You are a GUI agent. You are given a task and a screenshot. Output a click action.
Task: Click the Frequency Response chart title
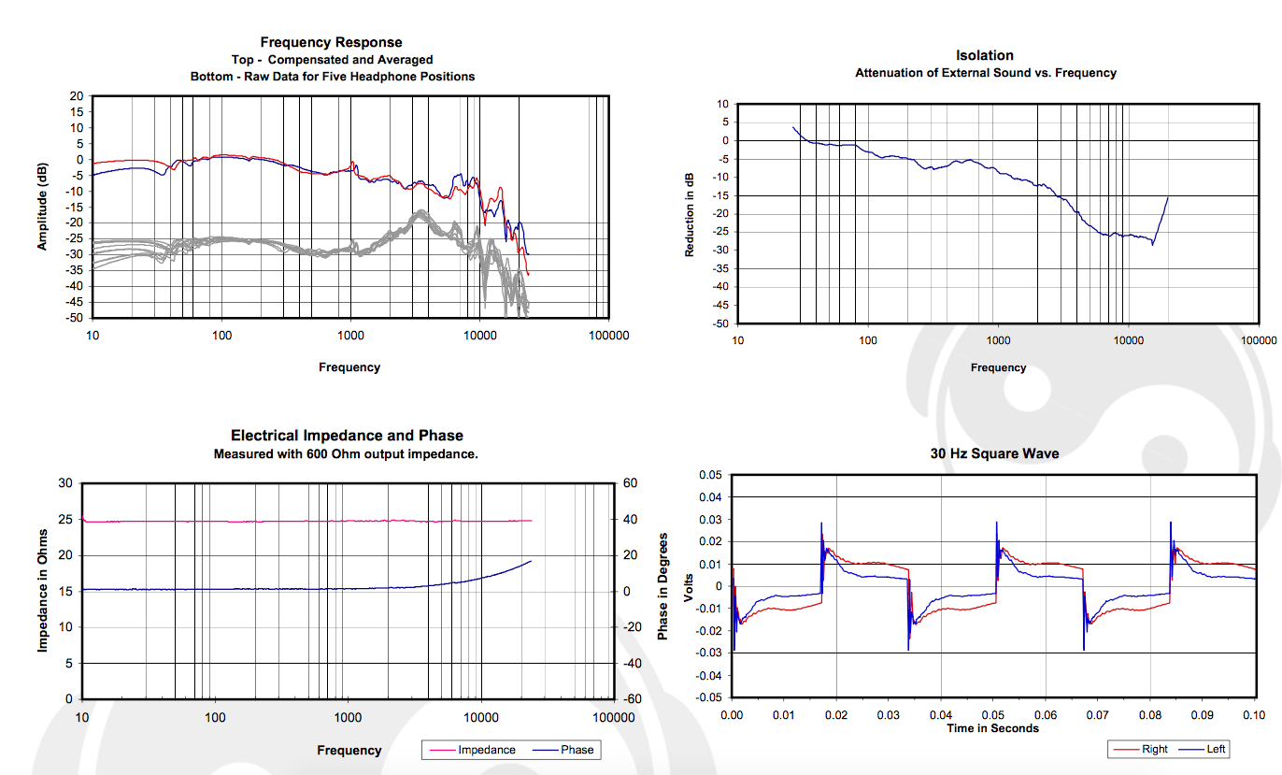pos(332,42)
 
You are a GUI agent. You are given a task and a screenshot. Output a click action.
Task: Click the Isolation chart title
pos(985,55)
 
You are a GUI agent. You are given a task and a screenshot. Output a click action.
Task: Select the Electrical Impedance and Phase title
pos(347,436)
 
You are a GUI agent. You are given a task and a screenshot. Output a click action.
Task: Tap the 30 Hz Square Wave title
pos(992,453)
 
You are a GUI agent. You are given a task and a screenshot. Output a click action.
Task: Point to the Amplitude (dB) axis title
pos(42,208)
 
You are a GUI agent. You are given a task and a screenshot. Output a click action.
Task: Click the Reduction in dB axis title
pos(690,214)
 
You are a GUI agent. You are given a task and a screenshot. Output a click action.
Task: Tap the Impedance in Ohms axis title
pos(42,590)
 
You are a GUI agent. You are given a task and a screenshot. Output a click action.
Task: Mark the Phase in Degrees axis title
pos(662,586)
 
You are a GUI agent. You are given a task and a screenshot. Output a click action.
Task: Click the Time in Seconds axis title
pos(992,728)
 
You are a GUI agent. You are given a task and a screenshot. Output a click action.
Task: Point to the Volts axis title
pos(690,586)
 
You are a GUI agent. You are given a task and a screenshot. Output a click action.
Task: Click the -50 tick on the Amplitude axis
pos(75,318)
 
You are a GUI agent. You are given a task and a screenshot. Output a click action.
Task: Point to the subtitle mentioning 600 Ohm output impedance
pos(347,454)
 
